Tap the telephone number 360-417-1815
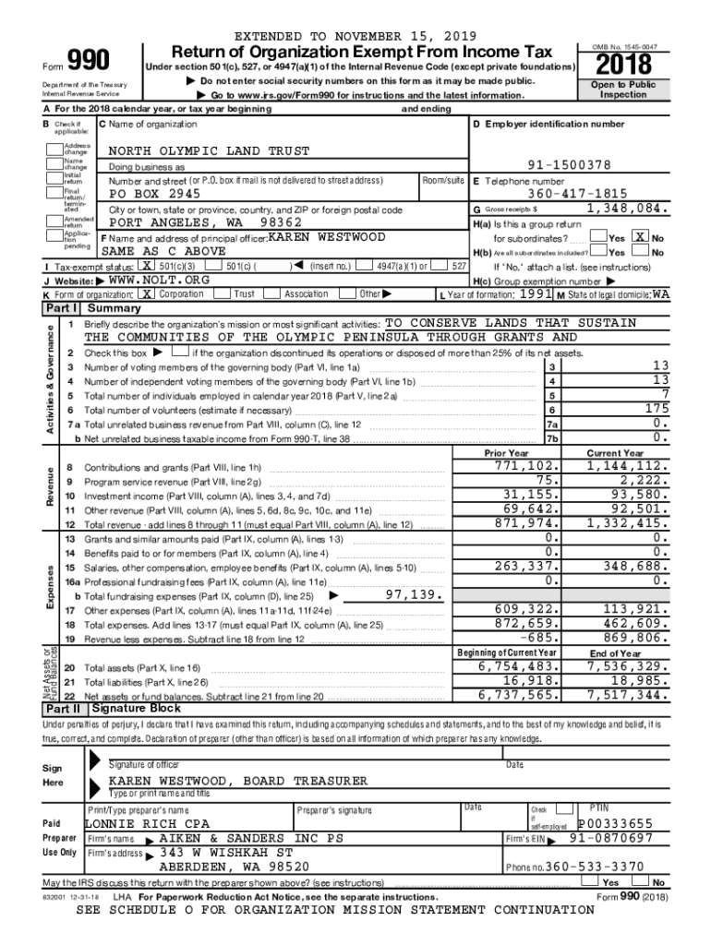pyautogui.click(x=577, y=195)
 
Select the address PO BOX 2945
pyautogui.click(x=154, y=195)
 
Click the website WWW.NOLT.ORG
pyautogui.click(x=159, y=279)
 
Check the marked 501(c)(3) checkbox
pyautogui.click(x=147, y=266)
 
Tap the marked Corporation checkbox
pyautogui.click(x=147, y=293)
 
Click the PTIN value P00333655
pyautogui.click(x=615, y=823)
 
